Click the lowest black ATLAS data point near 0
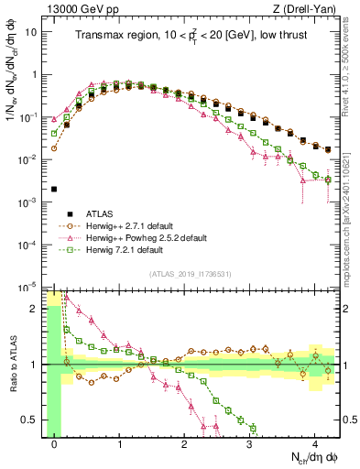click(x=54, y=189)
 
